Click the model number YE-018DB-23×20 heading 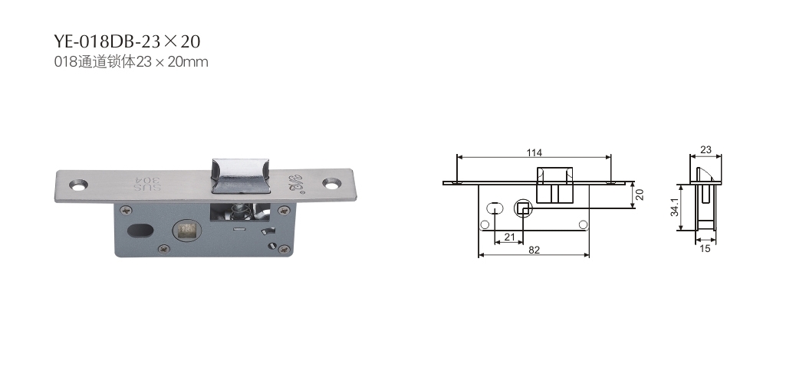pyautogui.click(x=127, y=41)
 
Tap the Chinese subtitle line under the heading pyautogui.click(x=131, y=62)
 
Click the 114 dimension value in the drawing pyautogui.click(x=534, y=152)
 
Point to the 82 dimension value pyautogui.click(x=534, y=250)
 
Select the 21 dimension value pyautogui.click(x=510, y=237)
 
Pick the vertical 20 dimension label pyautogui.click(x=640, y=195)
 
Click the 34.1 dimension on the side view pyautogui.click(x=674, y=208)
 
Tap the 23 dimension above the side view pyautogui.click(x=706, y=150)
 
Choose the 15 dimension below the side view pyautogui.click(x=706, y=249)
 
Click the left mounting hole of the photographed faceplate pyautogui.click(x=78, y=185)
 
